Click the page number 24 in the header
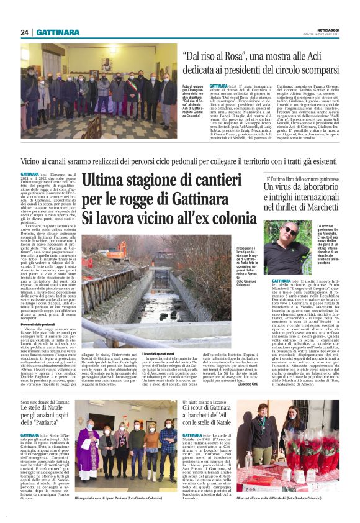tap(25, 32)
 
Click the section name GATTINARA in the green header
tap(57, 32)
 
